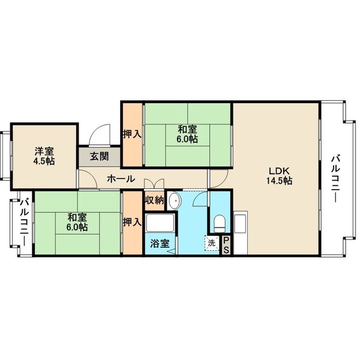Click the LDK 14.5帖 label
pyautogui.click(x=279, y=176)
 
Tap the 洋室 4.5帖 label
pyautogui.click(x=44, y=157)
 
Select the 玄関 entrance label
pyautogui.click(x=99, y=157)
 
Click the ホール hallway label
pyautogui.click(x=121, y=179)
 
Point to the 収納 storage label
pyautogui.click(x=155, y=200)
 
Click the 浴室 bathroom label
pyautogui.click(x=160, y=244)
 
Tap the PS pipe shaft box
pyautogui.click(x=226, y=245)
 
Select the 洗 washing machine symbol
pyautogui.click(x=211, y=243)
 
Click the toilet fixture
pyautogui.click(x=220, y=224)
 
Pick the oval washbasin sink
pyautogui.click(x=175, y=201)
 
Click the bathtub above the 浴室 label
pyautogui.click(x=160, y=223)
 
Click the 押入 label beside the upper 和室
pyautogui.click(x=132, y=134)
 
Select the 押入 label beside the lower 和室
pyautogui.click(x=132, y=222)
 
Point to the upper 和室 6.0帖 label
pyautogui.click(x=187, y=134)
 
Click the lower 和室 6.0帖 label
pyautogui.click(x=77, y=222)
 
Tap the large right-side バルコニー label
pyautogui.click(x=336, y=179)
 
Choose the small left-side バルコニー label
pyautogui.click(x=25, y=223)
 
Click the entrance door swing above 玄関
pyautogui.click(x=100, y=136)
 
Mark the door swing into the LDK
pyautogui.click(x=218, y=179)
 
